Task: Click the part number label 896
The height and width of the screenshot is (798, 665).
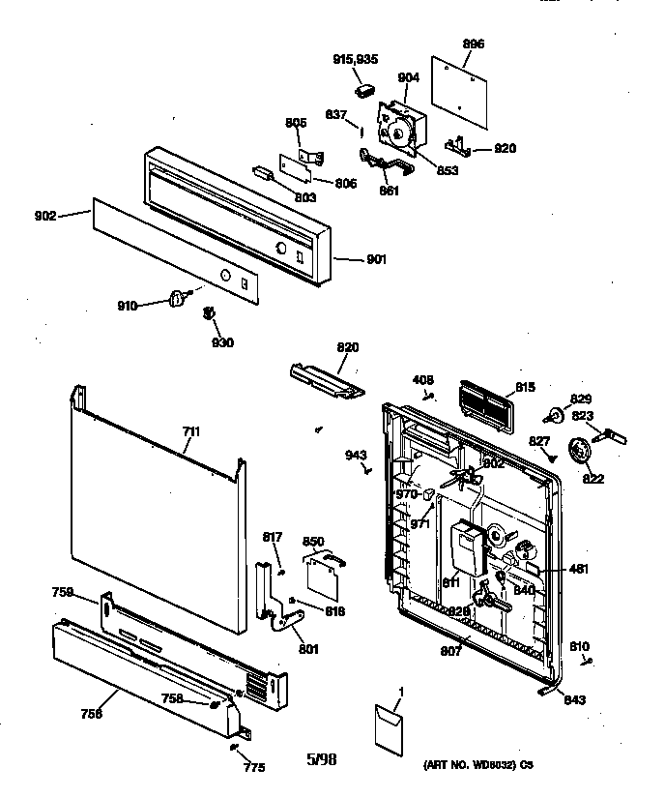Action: point(475,44)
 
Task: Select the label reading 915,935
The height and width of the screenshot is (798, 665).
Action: point(355,59)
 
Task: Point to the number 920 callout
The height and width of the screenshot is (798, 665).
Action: point(505,149)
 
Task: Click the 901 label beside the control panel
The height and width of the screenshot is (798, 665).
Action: point(376,259)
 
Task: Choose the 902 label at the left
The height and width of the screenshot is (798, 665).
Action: point(44,216)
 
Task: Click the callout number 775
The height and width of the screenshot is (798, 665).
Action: point(254,767)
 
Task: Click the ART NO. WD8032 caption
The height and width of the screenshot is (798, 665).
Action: point(477,764)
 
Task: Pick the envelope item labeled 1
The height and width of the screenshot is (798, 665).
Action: point(390,727)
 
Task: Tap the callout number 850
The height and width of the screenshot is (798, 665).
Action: point(313,542)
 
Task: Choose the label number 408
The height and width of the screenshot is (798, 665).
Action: point(423,379)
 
